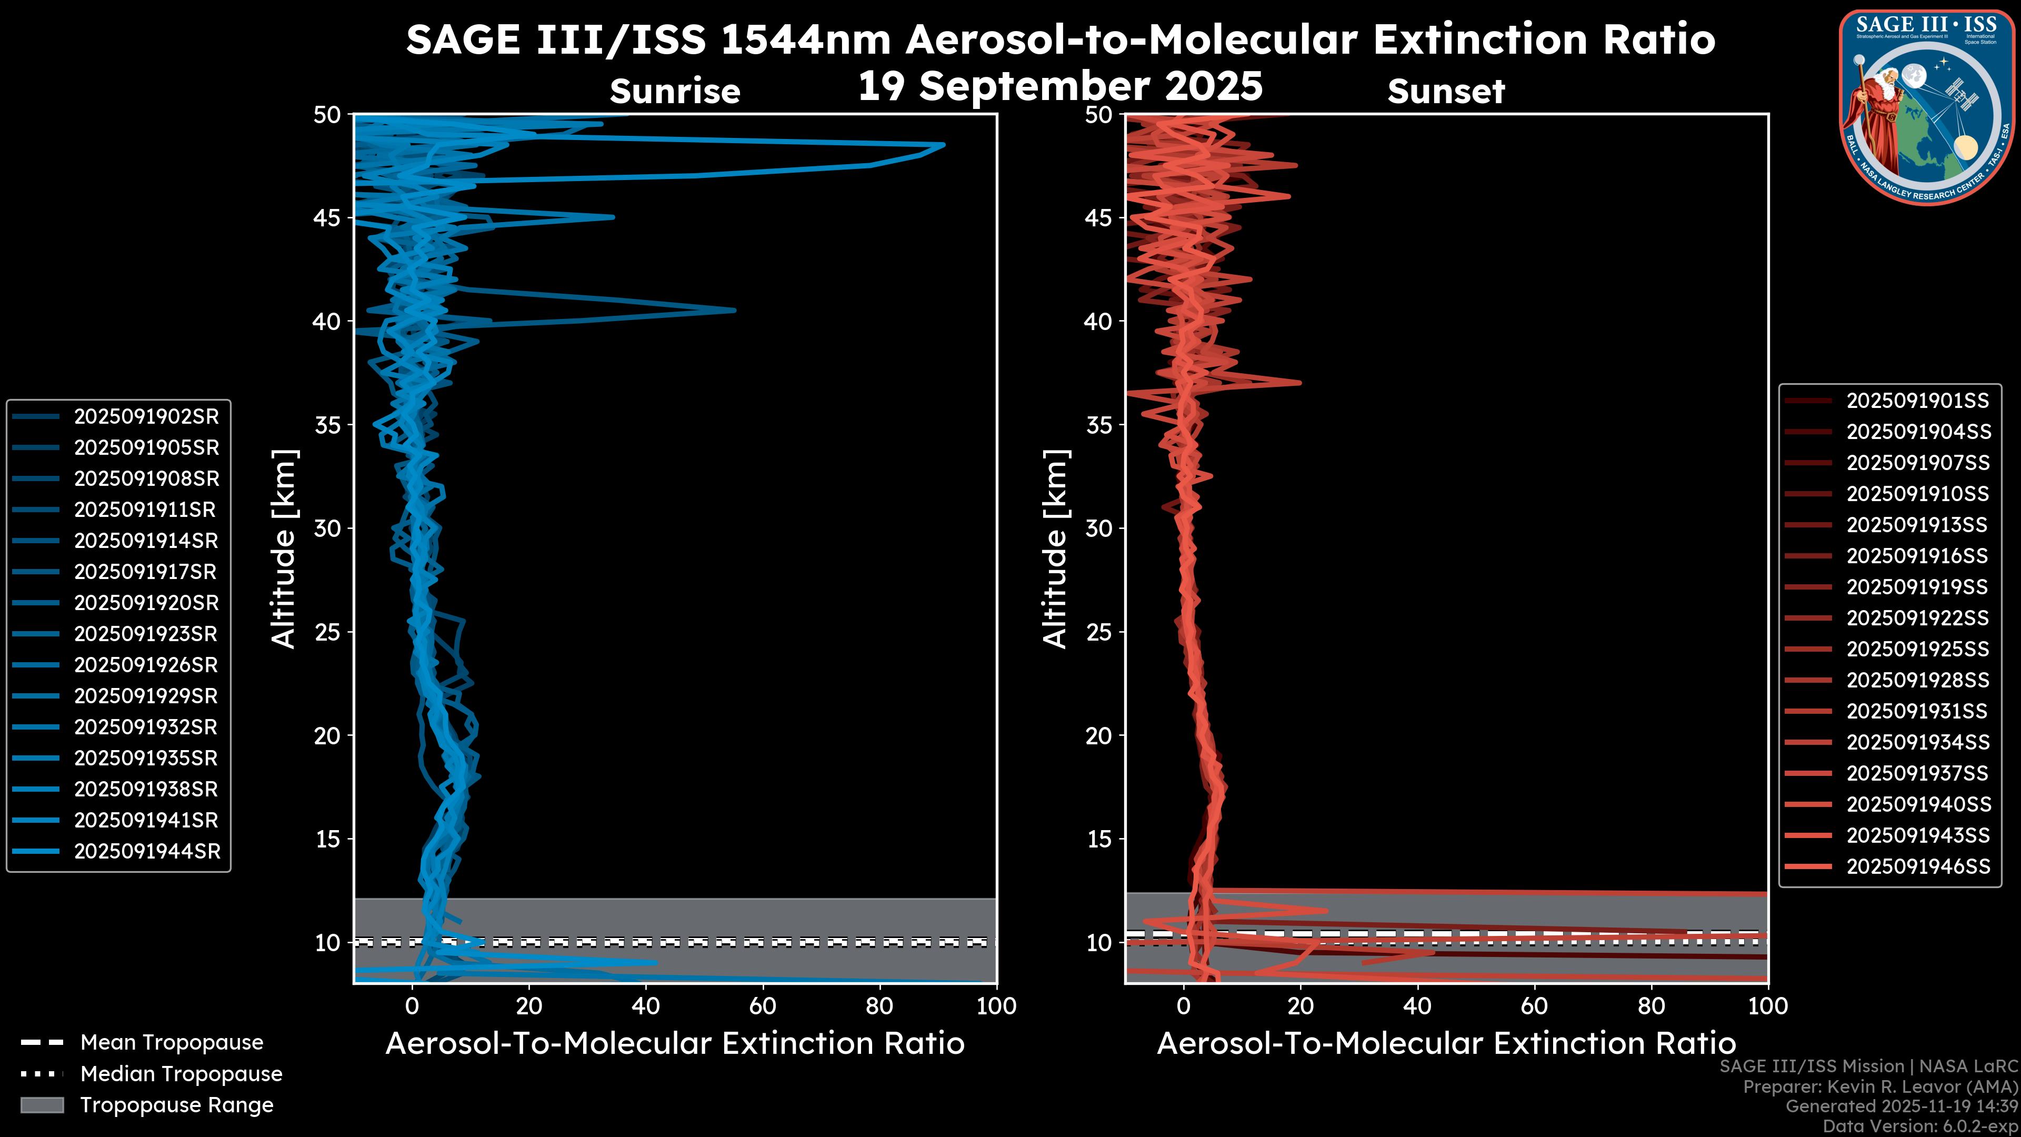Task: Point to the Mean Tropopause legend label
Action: [172, 1043]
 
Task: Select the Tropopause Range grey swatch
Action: [42, 1105]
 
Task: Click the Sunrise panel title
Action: [675, 91]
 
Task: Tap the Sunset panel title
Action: [1446, 91]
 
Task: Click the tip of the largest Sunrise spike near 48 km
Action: [944, 144]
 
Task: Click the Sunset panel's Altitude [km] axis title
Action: [1055, 548]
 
